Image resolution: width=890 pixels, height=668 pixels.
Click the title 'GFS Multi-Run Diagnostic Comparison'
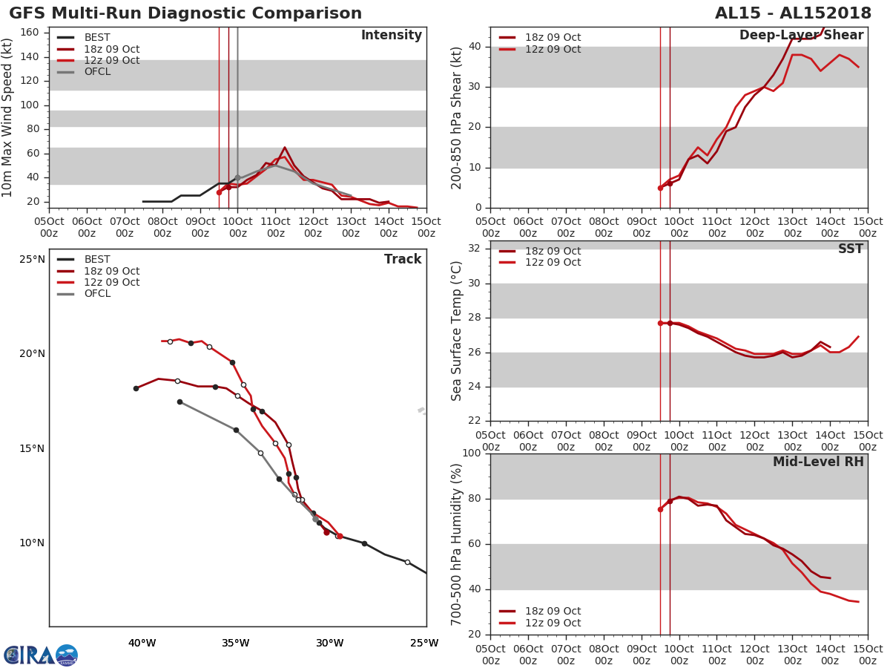coord(185,13)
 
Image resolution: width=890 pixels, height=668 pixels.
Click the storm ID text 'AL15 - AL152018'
coord(797,13)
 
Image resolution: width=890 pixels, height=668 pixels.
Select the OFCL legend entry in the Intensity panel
coord(97,72)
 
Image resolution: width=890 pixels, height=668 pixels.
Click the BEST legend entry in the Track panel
coord(97,260)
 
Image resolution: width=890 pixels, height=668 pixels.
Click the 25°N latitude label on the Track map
coord(32,260)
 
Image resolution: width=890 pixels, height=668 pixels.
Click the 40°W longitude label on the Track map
coord(142,644)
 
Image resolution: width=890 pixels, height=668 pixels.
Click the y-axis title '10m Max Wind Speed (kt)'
coord(8,117)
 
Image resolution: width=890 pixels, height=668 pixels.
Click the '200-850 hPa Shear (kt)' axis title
coord(458,117)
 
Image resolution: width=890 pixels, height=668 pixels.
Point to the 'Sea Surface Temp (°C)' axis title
coord(458,331)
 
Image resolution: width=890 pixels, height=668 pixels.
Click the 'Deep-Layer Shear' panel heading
coord(801,36)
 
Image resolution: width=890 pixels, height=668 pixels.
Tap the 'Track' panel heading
coord(403,260)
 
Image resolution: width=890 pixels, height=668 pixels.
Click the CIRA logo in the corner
coord(41,655)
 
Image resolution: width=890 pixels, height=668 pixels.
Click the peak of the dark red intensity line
coord(285,147)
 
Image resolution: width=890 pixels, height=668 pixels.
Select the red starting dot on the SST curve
coord(660,323)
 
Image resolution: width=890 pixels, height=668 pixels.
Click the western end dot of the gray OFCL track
coord(179,402)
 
